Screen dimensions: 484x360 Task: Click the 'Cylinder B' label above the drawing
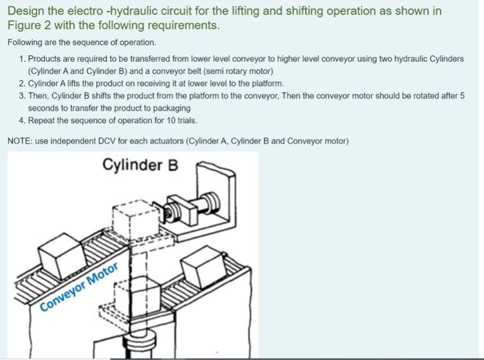coord(140,164)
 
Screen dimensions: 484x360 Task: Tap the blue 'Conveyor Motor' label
coord(79,287)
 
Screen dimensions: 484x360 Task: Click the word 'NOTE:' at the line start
coord(20,141)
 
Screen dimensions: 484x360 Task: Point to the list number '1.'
coord(22,59)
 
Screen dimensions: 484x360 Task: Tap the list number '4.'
coord(22,120)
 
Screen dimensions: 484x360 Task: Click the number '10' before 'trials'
coord(171,120)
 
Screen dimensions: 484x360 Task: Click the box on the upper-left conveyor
coord(62,255)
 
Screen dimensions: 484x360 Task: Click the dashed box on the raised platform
coord(136,220)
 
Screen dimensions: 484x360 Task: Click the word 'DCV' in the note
coord(106,141)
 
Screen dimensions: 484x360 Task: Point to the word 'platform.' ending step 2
coord(268,84)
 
